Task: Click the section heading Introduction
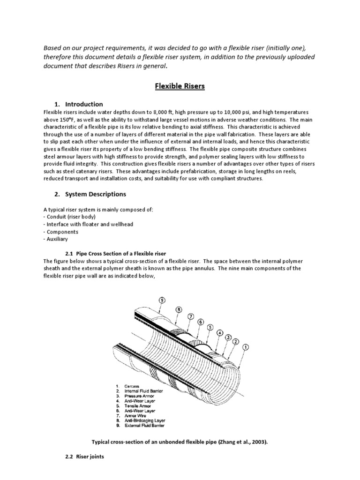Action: tap(84, 104)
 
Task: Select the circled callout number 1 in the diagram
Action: tap(246, 347)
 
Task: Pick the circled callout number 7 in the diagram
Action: tap(191, 316)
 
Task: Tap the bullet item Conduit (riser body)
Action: tap(69, 217)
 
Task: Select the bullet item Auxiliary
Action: tap(56, 239)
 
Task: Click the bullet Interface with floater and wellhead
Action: tap(88, 225)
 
